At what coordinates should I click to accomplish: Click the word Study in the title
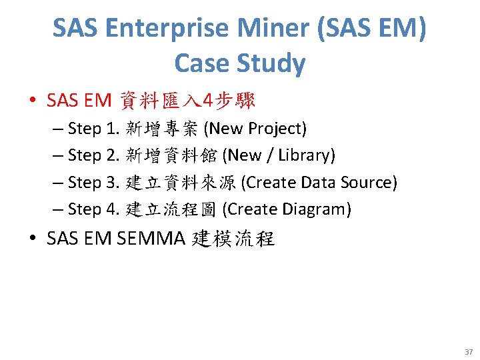tap(273, 63)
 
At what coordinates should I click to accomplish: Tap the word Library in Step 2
tap(304, 155)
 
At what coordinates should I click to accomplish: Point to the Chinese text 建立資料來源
tap(181, 182)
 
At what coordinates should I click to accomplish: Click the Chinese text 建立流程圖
tap(171, 209)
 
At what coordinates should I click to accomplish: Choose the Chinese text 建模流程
tap(233, 239)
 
